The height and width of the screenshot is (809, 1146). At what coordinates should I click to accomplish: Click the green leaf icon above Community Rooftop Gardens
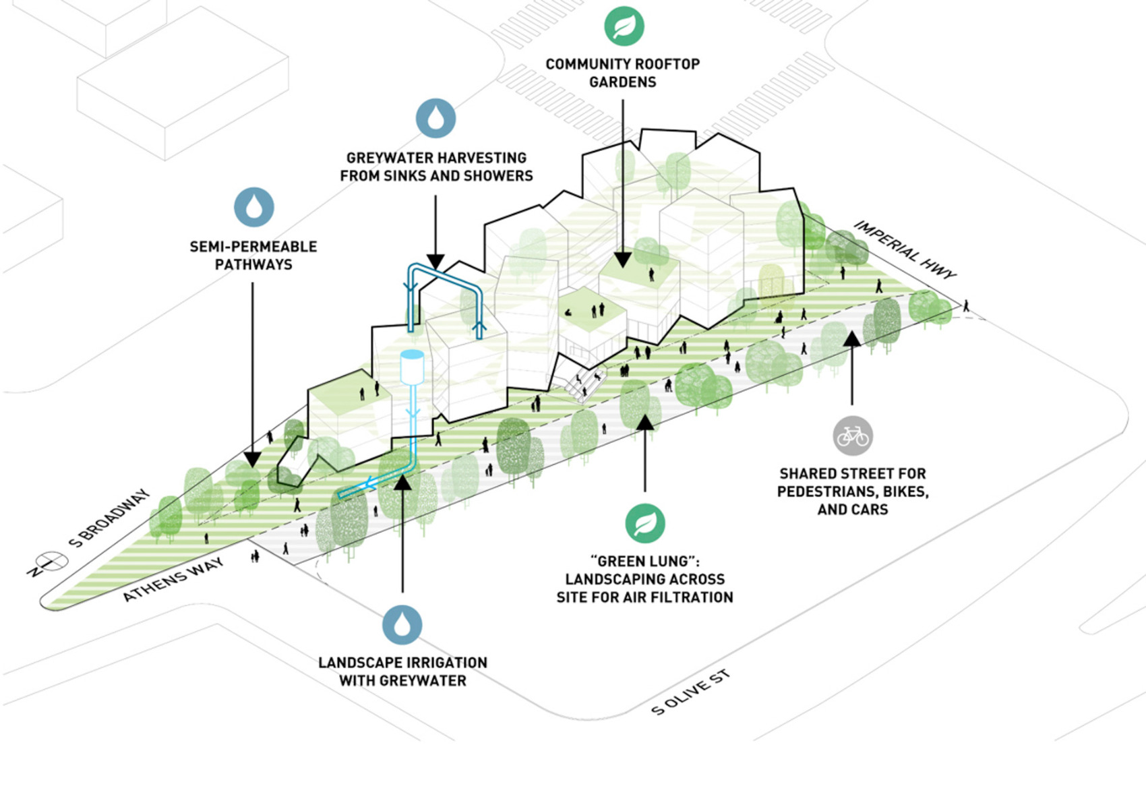tap(624, 26)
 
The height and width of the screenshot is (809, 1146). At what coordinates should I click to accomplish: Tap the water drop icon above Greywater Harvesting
tap(435, 119)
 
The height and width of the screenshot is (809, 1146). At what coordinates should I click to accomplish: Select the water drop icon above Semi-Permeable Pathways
tap(254, 207)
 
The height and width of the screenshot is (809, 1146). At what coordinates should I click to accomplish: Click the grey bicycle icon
tap(852, 436)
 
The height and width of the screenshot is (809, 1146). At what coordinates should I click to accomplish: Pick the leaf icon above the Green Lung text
tap(645, 523)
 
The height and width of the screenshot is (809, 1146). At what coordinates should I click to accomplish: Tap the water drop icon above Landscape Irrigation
tap(402, 624)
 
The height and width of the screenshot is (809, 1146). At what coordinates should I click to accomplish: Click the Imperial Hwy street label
tap(905, 249)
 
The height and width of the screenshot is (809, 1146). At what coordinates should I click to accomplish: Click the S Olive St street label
tap(690, 692)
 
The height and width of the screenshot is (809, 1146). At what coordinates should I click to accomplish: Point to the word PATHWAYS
tap(253, 264)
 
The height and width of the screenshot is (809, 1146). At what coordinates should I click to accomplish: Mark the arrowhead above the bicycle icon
tap(852, 338)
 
